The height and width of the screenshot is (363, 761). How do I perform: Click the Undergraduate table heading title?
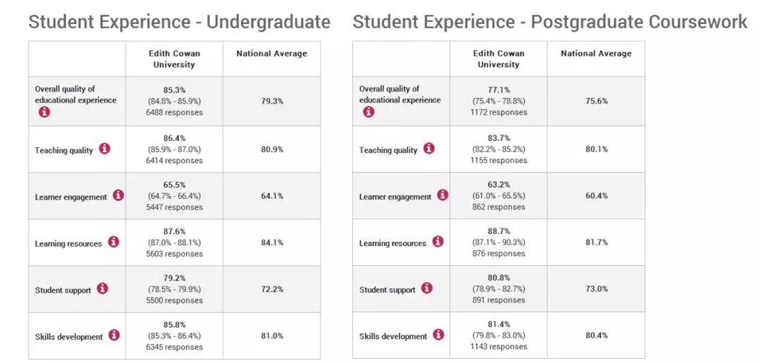coord(179,22)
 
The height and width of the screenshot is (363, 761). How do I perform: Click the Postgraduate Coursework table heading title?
coord(550,22)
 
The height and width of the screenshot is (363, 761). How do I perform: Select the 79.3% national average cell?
coord(272,101)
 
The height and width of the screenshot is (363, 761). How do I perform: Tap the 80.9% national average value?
coord(272,149)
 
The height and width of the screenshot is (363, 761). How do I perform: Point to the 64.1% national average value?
coord(272,196)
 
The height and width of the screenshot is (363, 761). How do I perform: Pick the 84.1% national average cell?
coord(272,242)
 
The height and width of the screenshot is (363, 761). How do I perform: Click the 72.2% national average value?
coord(272,289)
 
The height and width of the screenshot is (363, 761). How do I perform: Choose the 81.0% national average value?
coord(272,336)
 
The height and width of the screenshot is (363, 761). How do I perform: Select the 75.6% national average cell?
coord(596,101)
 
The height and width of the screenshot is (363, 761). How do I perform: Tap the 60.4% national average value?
coord(596,196)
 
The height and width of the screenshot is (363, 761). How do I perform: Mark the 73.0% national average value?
coord(596,289)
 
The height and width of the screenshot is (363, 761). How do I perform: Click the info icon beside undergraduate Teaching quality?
coord(104,149)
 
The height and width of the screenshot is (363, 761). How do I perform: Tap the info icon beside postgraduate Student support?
coord(427,288)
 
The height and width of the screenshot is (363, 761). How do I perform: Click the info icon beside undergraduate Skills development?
coord(114,336)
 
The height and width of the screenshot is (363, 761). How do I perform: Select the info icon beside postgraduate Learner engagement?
coord(443,195)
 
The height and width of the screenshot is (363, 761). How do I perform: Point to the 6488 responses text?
coord(174,113)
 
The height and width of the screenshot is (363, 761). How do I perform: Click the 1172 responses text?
coord(498,113)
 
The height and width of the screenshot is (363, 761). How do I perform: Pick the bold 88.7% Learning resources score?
coord(498,231)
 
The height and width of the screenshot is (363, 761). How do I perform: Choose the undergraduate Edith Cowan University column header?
coord(174,59)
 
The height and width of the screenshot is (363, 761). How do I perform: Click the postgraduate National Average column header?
coord(596,54)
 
